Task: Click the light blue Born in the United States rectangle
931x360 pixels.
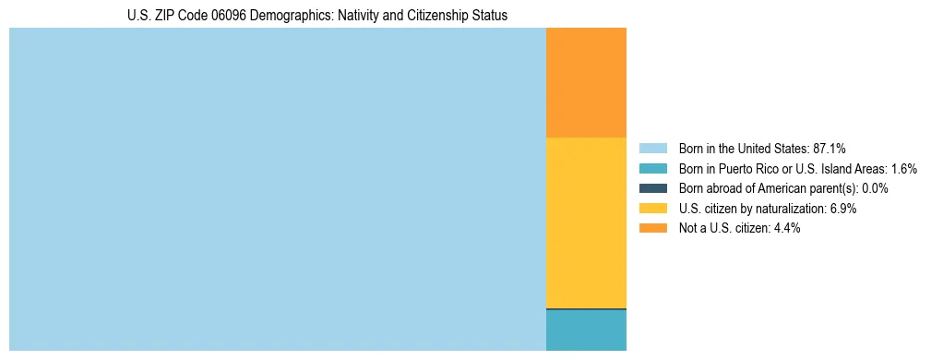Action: pos(277,189)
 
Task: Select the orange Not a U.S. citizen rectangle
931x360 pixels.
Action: pos(586,82)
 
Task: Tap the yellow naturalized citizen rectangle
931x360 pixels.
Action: pos(586,222)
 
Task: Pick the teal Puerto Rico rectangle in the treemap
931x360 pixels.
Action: pos(586,330)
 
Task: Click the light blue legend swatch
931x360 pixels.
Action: pos(652,149)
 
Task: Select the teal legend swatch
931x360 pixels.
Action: pos(652,169)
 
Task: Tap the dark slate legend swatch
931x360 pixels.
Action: pos(652,188)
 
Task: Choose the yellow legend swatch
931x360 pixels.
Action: pos(652,209)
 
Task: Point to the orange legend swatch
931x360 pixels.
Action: pos(652,229)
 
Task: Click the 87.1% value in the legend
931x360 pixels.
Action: pos(829,149)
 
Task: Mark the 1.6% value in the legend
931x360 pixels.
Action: pos(903,169)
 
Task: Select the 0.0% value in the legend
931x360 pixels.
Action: pos(875,188)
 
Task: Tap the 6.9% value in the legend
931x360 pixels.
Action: pos(843,209)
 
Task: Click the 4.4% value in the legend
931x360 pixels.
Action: pos(787,229)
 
